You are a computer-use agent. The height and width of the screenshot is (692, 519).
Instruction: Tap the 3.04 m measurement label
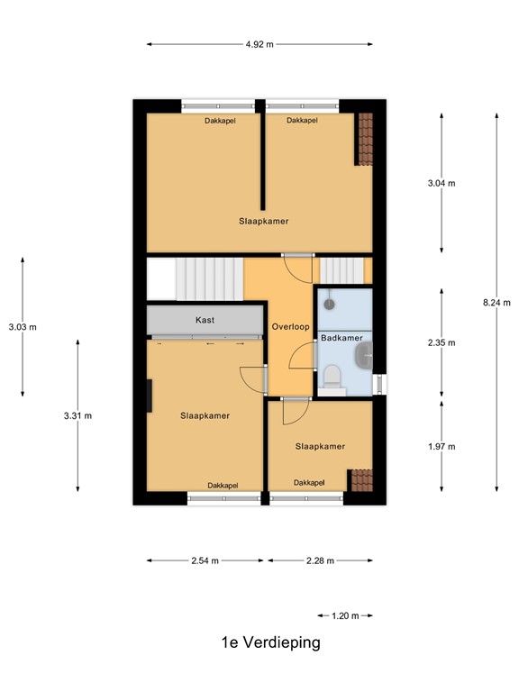point(442,183)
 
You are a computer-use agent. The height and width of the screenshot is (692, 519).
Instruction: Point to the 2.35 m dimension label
point(442,342)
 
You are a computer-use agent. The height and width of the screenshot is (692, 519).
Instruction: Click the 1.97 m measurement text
point(442,446)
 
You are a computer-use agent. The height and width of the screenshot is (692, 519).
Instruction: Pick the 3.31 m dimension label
point(77,415)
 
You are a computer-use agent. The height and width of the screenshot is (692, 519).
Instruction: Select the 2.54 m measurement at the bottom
point(206,560)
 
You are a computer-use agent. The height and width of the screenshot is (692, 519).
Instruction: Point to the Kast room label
point(205,320)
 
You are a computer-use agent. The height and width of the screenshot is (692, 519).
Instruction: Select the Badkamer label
point(342,338)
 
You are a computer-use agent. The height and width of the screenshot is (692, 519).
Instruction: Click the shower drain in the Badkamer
point(330,305)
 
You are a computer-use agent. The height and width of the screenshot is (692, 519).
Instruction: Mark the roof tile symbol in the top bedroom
point(365,139)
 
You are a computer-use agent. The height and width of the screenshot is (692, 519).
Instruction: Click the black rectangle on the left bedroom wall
point(150,395)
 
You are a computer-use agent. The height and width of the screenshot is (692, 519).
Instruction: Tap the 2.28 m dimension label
point(319,560)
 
